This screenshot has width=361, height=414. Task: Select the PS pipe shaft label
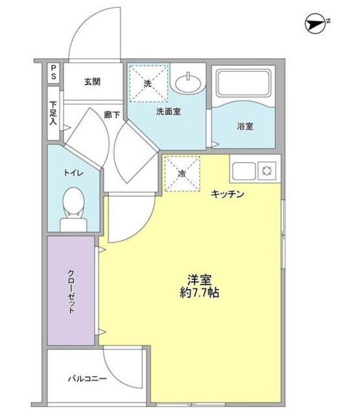(54, 73)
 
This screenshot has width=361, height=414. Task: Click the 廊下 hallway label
(112, 114)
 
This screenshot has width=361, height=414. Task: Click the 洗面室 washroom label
(168, 111)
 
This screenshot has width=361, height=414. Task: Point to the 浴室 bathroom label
(245, 126)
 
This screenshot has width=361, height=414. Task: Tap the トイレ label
(72, 173)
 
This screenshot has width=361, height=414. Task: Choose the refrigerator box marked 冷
(182, 173)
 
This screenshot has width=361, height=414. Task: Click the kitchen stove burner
(266, 171)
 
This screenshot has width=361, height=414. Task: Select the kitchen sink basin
(243, 172)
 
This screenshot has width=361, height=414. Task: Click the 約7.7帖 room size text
(199, 292)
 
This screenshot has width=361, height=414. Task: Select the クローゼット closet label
(71, 291)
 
